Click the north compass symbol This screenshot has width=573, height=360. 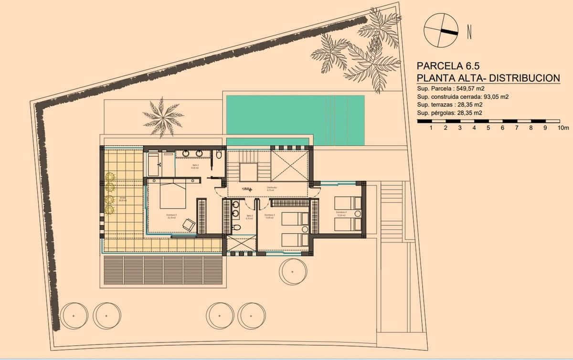click(x=440, y=30)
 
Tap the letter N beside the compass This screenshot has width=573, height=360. click(x=469, y=32)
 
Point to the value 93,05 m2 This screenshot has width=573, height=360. click(x=491, y=96)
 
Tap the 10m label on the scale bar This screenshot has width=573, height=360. click(x=563, y=128)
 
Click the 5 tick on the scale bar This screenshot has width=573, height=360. click(x=488, y=128)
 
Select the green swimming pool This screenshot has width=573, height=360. click(x=295, y=120)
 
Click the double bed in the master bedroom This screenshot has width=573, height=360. click(x=172, y=195)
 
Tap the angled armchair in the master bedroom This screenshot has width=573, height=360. click(x=189, y=224)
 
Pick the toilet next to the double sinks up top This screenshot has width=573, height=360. click(x=219, y=155)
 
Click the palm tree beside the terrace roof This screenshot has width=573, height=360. click(x=163, y=116)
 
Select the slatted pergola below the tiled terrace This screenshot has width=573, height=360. click(x=162, y=270)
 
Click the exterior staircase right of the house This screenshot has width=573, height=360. click(x=392, y=210)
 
